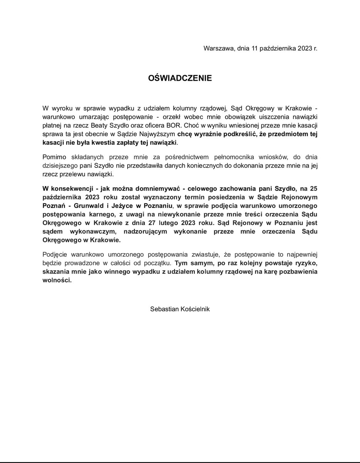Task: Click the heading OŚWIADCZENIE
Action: point(180,78)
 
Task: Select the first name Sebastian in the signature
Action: point(165,309)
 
